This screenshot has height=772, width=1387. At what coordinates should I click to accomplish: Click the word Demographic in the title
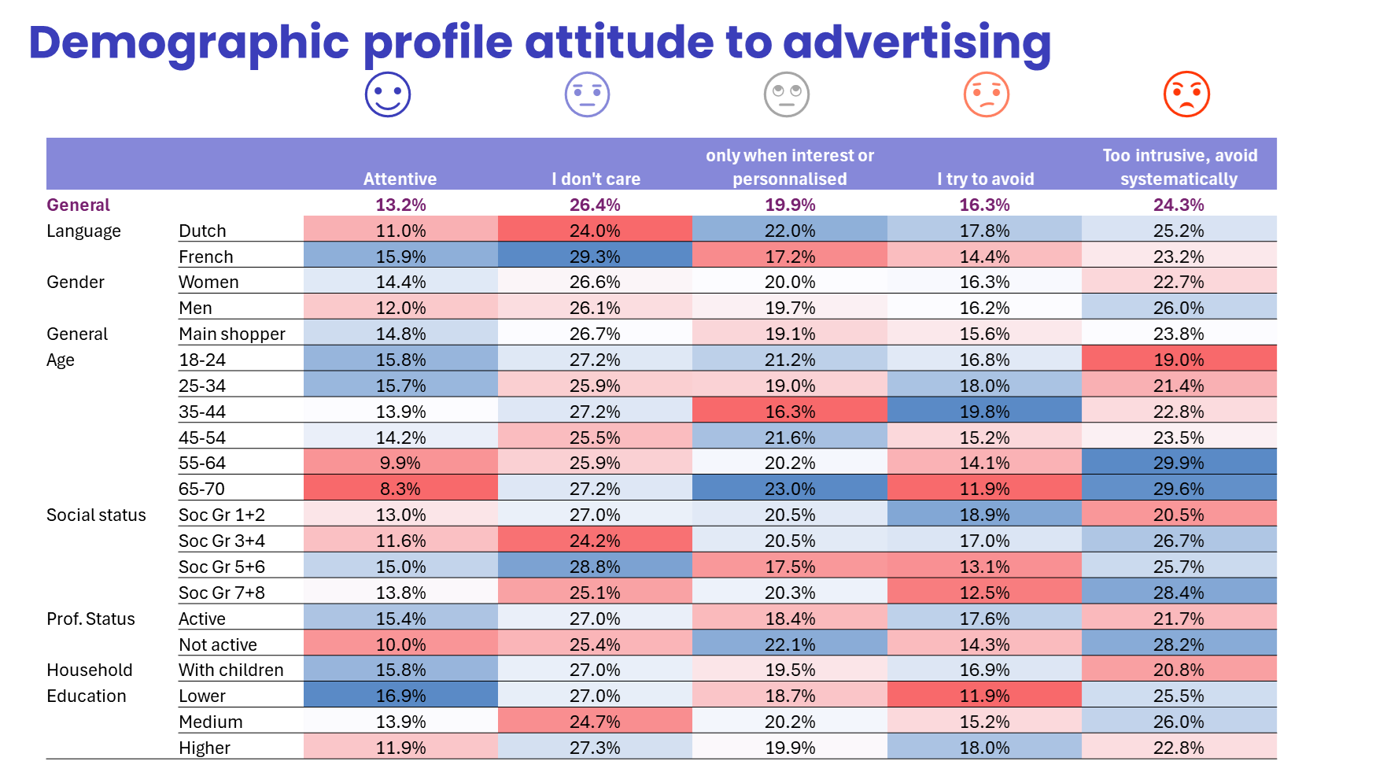(x=189, y=43)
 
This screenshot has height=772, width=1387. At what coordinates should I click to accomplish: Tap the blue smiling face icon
(x=388, y=94)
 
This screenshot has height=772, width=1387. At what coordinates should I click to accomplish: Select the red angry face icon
(x=1186, y=94)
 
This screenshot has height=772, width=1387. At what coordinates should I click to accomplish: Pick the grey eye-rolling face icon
(x=787, y=94)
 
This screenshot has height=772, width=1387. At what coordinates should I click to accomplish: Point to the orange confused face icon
(x=987, y=94)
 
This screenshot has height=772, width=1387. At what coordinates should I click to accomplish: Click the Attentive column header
(x=400, y=179)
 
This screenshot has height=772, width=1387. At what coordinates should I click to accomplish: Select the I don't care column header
(x=596, y=179)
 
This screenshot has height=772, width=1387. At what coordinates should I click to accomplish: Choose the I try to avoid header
(x=985, y=179)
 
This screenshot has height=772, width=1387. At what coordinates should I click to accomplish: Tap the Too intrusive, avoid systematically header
(x=1179, y=168)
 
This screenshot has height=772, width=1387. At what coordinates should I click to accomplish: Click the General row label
(x=78, y=205)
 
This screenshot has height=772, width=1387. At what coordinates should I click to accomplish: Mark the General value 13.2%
(x=400, y=205)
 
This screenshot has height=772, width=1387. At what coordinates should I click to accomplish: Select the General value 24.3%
(x=1179, y=205)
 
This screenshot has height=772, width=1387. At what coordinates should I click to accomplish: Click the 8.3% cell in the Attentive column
(x=400, y=489)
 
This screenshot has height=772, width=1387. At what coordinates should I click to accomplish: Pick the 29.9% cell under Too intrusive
(x=1179, y=463)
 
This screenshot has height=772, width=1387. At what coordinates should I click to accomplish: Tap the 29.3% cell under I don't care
(x=595, y=257)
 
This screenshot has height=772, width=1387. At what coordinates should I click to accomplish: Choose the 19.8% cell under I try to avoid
(x=984, y=412)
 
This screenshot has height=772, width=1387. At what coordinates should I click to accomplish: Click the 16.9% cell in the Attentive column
(x=400, y=696)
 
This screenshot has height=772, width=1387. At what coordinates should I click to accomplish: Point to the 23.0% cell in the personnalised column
(x=790, y=489)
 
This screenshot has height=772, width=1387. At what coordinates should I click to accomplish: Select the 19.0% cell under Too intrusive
(x=1179, y=360)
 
